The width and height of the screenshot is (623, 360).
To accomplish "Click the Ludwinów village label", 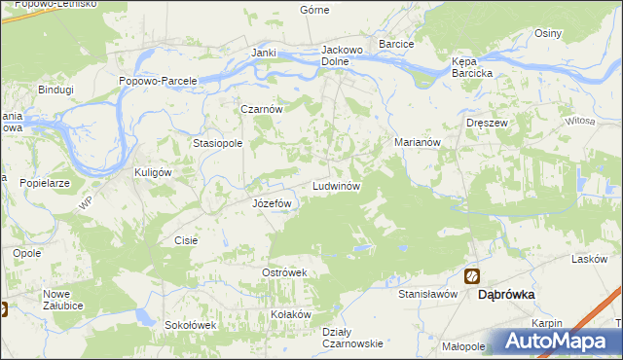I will tap(337, 185).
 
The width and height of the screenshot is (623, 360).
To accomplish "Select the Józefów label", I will tap(272, 203).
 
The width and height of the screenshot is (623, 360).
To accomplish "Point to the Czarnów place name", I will tap(262, 110).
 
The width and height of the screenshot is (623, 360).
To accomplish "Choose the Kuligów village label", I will tap(152, 172).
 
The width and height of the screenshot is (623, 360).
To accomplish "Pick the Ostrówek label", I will tap(284, 272).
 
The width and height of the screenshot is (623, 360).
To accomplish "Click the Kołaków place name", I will tap(290, 314).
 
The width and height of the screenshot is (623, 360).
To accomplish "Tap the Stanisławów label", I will tap(427, 293).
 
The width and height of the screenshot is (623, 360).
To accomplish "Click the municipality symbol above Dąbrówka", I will tap(472, 276).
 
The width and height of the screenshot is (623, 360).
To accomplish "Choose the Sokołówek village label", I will tap(189, 325).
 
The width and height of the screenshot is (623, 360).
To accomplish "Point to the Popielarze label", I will tap(42, 182).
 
